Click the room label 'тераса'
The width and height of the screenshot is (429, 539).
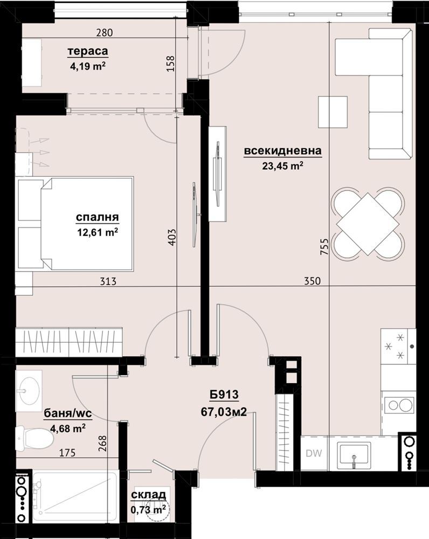[88, 51]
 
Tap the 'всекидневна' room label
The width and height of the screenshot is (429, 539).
[282, 150]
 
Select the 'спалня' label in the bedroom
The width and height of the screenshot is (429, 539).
[98, 218]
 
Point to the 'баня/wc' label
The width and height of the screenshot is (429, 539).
[68, 414]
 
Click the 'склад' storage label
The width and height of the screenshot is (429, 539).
[149, 495]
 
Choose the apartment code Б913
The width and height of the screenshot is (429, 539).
[224, 395]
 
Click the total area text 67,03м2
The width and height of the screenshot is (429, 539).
[224, 412]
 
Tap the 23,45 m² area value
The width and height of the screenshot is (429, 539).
[282, 166]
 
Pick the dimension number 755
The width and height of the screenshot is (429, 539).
[324, 247]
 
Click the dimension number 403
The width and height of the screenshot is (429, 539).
[172, 237]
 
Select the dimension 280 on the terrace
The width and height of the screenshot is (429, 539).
[105, 33]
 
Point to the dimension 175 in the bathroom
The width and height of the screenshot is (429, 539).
[67, 453]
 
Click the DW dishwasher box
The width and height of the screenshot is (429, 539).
[314, 453]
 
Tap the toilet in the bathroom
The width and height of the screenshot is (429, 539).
[34, 438]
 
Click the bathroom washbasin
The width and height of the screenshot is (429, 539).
[29, 390]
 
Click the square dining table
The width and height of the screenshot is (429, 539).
[368, 224]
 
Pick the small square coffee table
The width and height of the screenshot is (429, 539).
[333, 112]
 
